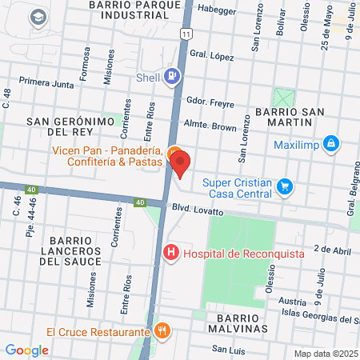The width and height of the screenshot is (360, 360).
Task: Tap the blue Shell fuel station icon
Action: [171, 78]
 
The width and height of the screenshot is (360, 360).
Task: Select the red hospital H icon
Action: [170, 254]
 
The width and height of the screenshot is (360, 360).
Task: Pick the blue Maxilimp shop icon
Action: [331, 145]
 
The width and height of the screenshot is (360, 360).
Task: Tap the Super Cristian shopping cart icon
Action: [284, 187]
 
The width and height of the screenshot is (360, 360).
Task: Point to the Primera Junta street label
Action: [46, 81]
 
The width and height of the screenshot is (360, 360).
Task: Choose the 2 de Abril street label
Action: [333, 250]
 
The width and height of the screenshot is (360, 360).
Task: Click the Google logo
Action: [27, 350]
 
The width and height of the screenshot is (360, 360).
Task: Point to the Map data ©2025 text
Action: [326, 354]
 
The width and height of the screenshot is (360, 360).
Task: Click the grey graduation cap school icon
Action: [37, 18]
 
